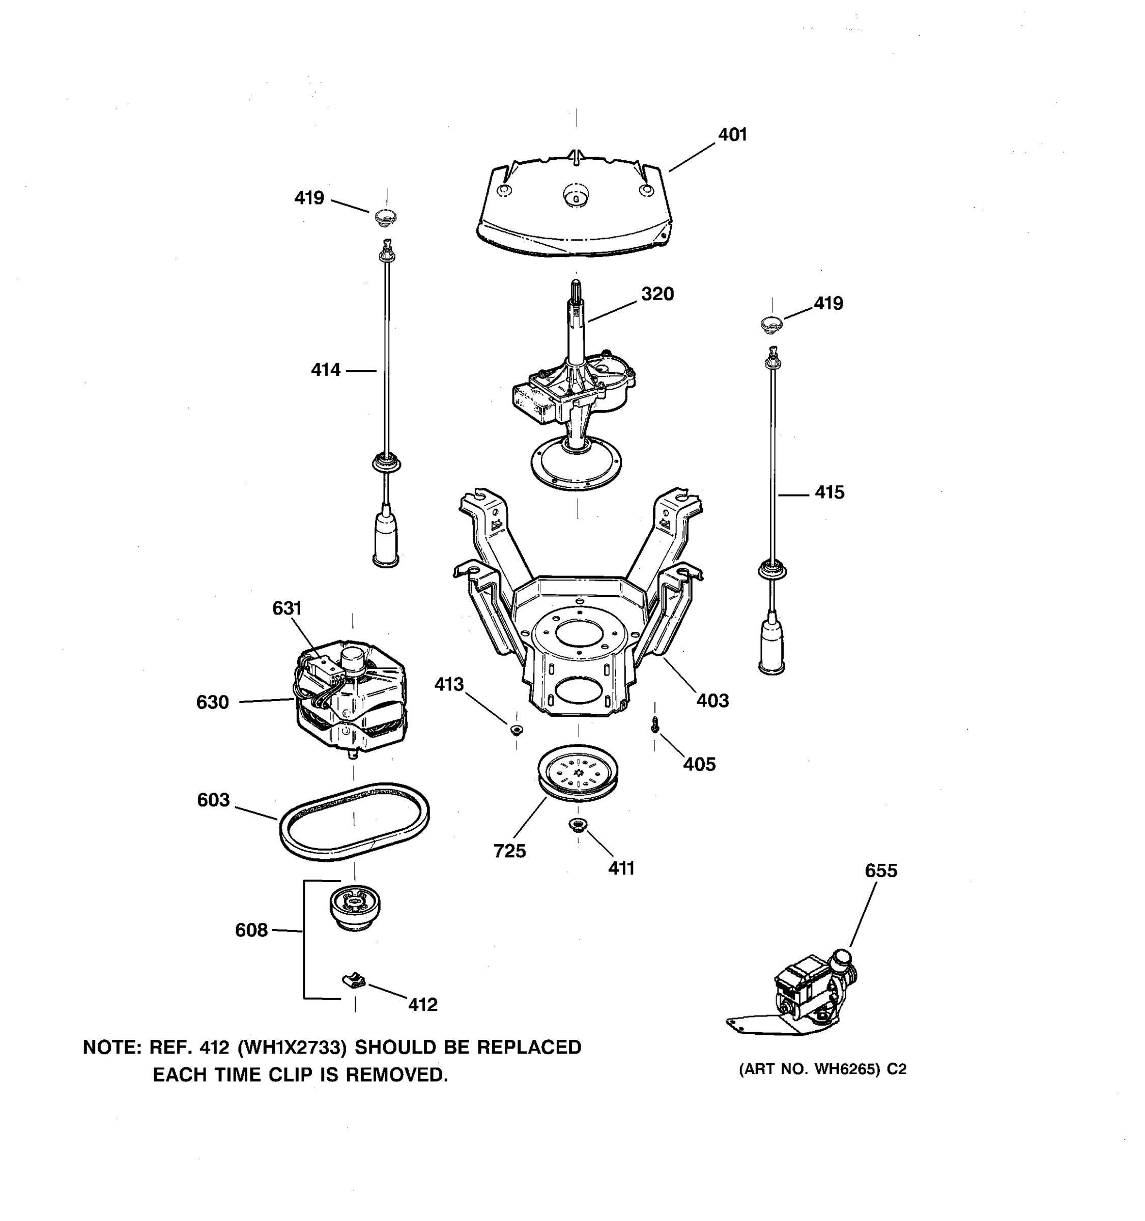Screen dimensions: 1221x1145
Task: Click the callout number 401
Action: coord(732,134)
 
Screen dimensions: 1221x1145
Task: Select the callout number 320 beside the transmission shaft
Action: coord(657,294)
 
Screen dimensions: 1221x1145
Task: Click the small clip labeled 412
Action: coord(354,981)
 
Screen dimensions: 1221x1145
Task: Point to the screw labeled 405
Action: coord(655,725)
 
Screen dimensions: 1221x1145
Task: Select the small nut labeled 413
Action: coord(516,730)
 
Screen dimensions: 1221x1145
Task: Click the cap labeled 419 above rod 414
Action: coord(386,216)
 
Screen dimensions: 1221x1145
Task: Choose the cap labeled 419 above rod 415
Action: coord(771,323)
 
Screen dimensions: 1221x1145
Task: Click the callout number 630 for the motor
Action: coord(213,702)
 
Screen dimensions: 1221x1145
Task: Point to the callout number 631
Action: coord(287,608)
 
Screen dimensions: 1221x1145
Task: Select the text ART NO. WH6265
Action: coord(811,1087)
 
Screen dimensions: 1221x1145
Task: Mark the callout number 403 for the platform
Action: coord(712,700)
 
